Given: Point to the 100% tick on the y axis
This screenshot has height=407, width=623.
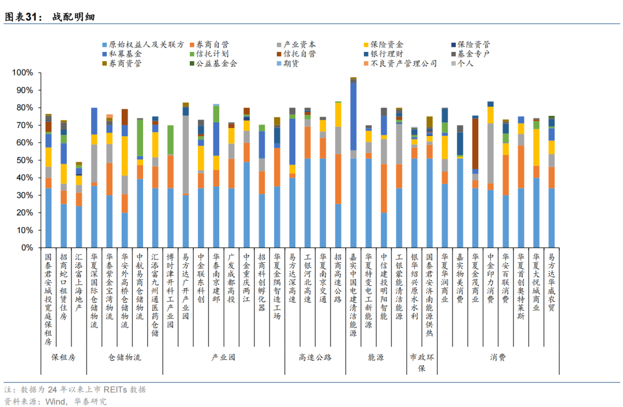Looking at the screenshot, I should point(23,73).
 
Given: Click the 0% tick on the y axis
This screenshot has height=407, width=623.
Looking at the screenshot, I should point(27,247).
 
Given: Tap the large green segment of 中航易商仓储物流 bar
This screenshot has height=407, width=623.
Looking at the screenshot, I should point(140,138).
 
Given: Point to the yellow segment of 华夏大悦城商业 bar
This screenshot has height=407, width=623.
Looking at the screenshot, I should point(536,147).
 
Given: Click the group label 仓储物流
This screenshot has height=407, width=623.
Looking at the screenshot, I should point(125,357).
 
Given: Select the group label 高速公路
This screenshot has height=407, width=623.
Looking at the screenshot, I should point(316,357).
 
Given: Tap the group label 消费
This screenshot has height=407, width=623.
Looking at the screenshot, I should point(498,357).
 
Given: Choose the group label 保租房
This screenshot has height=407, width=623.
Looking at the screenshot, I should point(63,357).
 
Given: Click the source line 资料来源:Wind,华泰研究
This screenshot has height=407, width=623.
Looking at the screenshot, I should point(55,401).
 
